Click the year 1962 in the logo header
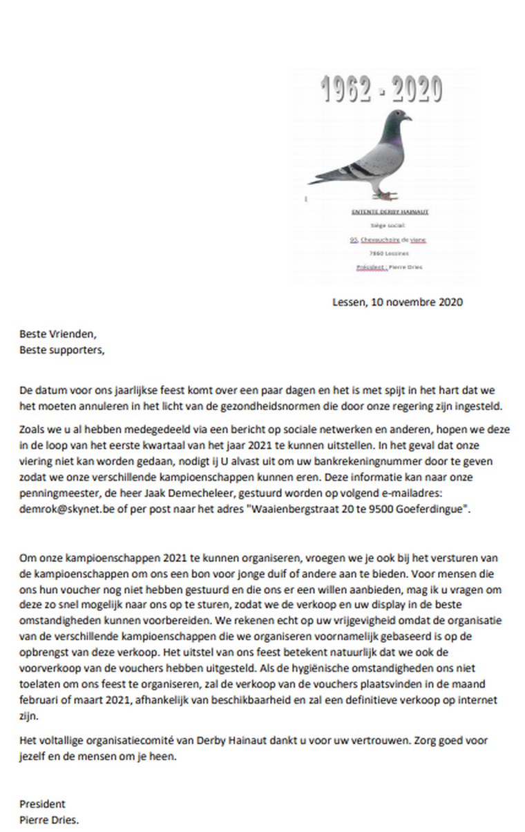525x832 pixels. (347, 90)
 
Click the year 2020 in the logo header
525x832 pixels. (414, 90)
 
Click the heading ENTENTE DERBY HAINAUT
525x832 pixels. (390, 212)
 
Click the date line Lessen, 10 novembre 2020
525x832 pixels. (397, 302)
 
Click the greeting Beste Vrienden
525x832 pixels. (58, 335)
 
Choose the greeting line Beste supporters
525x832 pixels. (61, 349)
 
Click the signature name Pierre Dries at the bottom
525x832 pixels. (48, 820)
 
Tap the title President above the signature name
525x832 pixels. (42, 804)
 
